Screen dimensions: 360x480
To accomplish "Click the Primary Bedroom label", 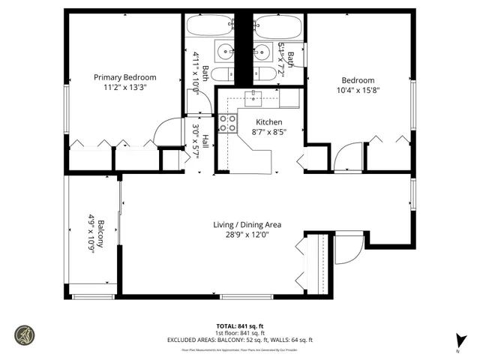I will pos(124,77).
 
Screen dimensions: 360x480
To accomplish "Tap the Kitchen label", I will pos(268,121).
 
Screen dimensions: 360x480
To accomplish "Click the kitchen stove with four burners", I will pos(227,124).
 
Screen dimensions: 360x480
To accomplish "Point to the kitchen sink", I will pos(255,96).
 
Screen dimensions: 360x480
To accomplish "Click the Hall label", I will pos(205,141).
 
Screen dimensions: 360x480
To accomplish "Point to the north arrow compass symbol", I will pos(457,341).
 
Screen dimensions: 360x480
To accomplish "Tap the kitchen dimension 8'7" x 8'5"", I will pos(268,131).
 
